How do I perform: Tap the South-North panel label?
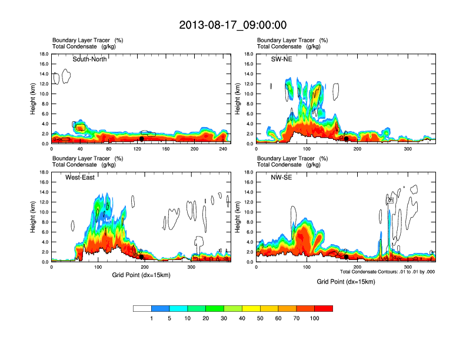[x=89, y=59]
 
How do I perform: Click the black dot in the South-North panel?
[x=141, y=139]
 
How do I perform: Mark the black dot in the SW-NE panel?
[x=346, y=139]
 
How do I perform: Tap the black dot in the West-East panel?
[x=141, y=256]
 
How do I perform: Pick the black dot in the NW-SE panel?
[x=346, y=256]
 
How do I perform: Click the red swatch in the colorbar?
[x=324, y=308]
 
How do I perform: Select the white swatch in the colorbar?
[x=142, y=308]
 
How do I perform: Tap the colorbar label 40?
[x=242, y=318]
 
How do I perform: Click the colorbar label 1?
[x=151, y=318]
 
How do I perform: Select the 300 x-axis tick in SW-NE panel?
[x=408, y=149]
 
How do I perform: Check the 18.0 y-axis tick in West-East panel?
[x=44, y=172]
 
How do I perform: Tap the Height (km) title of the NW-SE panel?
[x=238, y=217]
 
